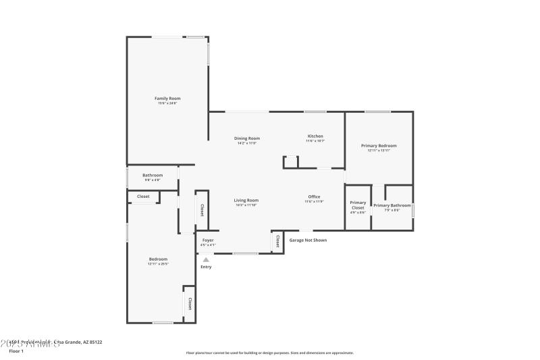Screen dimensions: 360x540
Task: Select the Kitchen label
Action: pyautogui.click(x=315, y=136)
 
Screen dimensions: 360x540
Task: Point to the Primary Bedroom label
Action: pyautogui.click(x=379, y=146)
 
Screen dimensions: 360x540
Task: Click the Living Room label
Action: pyautogui.click(x=246, y=201)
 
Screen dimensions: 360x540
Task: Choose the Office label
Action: pyautogui.click(x=314, y=197)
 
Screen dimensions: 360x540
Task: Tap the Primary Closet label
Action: pyautogui.click(x=358, y=205)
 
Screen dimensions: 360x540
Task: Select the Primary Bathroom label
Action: pyautogui.click(x=391, y=205)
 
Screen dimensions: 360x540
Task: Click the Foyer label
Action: pyautogui.click(x=208, y=240)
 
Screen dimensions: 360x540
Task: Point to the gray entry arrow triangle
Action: pyautogui.click(x=206, y=259)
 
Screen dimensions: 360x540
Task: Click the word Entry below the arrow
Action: pyautogui.click(x=206, y=267)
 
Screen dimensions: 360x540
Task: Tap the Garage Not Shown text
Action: pyautogui.click(x=308, y=240)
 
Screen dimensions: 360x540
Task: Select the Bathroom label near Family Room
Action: pyautogui.click(x=153, y=176)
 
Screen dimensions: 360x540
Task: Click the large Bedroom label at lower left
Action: pyautogui.click(x=158, y=259)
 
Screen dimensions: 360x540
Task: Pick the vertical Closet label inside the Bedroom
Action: pyautogui.click(x=190, y=303)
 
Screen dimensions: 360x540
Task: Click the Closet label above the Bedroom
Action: pyautogui.click(x=143, y=197)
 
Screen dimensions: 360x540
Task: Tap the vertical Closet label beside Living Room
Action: pyautogui.click(x=201, y=210)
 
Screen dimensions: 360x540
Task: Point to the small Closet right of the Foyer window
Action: pyautogui.click(x=277, y=241)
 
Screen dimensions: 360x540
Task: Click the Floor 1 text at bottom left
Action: pyautogui.click(x=16, y=351)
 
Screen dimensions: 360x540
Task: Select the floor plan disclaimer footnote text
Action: pyautogui.click(x=269, y=353)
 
